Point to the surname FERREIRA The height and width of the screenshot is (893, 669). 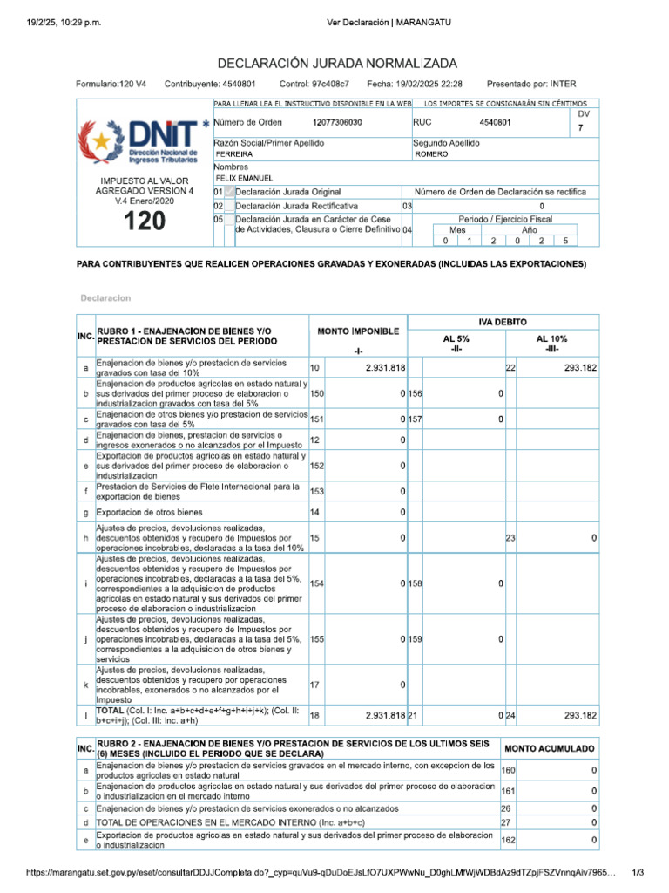(x=234, y=153)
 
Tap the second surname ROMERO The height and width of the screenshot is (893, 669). (x=432, y=153)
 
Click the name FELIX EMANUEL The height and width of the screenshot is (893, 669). (x=247, y=178)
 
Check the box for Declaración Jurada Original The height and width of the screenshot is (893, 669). (x=229, y=192)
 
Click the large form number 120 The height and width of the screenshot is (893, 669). (x=144, y=222)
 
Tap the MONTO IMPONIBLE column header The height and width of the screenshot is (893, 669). (x=358, y=332)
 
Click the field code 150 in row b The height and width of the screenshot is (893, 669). (x=316, y=394)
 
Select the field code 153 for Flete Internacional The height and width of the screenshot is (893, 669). (x=316, y=492)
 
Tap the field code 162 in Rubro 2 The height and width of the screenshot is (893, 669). (x=508, y=840)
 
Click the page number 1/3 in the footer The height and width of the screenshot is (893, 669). (x=638, y=872)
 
